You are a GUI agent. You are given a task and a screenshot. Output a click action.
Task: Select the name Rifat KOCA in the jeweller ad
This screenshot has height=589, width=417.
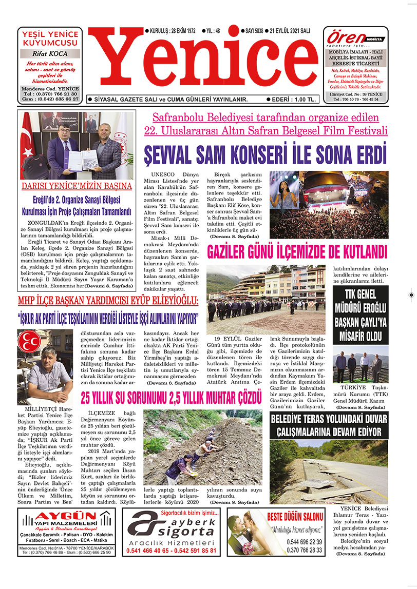[50, 53]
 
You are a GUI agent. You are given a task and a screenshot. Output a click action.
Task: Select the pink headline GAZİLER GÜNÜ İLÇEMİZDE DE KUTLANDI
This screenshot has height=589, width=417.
[297, 252]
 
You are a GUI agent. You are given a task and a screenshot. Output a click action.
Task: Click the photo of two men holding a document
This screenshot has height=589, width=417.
[77, 145]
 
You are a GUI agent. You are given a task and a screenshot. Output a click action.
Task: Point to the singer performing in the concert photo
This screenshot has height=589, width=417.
[282, 198]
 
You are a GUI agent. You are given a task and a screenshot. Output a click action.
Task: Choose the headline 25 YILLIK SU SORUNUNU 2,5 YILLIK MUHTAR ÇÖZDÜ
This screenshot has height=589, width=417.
[172, 397]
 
